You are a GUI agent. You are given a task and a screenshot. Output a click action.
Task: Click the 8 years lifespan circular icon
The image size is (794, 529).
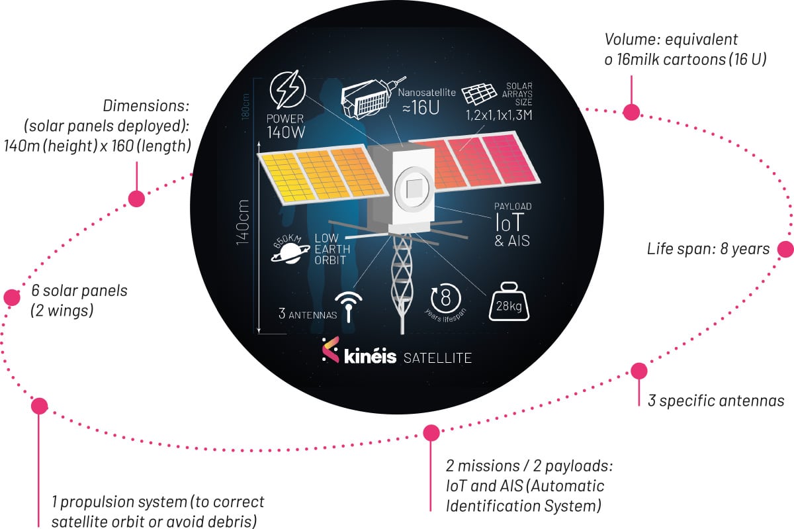(445, 297)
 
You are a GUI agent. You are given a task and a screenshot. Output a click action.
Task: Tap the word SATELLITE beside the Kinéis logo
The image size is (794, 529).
(437, 358)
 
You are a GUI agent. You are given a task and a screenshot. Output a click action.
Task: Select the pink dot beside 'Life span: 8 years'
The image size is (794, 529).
(785, 249)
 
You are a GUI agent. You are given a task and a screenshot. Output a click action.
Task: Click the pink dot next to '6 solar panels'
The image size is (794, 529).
(12, 297)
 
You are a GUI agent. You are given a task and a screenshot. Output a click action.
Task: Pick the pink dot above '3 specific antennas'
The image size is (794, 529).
(639, 371)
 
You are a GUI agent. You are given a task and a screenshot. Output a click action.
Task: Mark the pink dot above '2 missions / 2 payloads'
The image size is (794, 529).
(431, 433)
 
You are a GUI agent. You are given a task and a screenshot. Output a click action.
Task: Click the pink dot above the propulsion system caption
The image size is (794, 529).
(39, 405)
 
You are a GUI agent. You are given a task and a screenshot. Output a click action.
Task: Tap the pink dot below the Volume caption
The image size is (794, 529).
(631, 112)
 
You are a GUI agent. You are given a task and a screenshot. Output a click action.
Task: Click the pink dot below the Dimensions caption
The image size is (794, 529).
(136, 198)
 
